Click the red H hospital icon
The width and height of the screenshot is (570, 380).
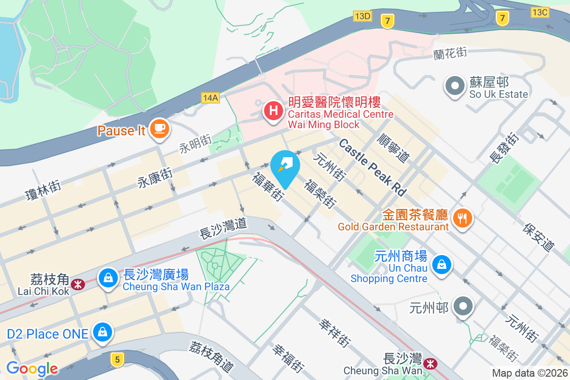[273, 111]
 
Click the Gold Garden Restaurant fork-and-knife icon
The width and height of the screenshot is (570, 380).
[461, 218]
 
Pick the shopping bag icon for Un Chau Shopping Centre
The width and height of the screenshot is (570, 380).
[442, 264]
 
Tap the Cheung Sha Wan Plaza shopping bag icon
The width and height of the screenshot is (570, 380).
[109, 278]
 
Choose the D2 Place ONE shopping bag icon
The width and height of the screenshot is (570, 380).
[103, 332]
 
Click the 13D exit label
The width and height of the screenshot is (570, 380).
[362, 16]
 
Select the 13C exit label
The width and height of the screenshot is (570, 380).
[540, 12]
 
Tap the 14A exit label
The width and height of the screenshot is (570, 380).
[210, 98]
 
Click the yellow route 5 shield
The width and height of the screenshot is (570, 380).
[117, 359]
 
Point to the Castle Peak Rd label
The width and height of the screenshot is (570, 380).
[373, 167]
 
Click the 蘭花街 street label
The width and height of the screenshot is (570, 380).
[450, 53]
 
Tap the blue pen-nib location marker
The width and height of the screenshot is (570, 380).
[285, 166]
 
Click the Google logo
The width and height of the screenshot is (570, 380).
[32, 369]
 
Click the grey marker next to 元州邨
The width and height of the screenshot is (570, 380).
[463, 307]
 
